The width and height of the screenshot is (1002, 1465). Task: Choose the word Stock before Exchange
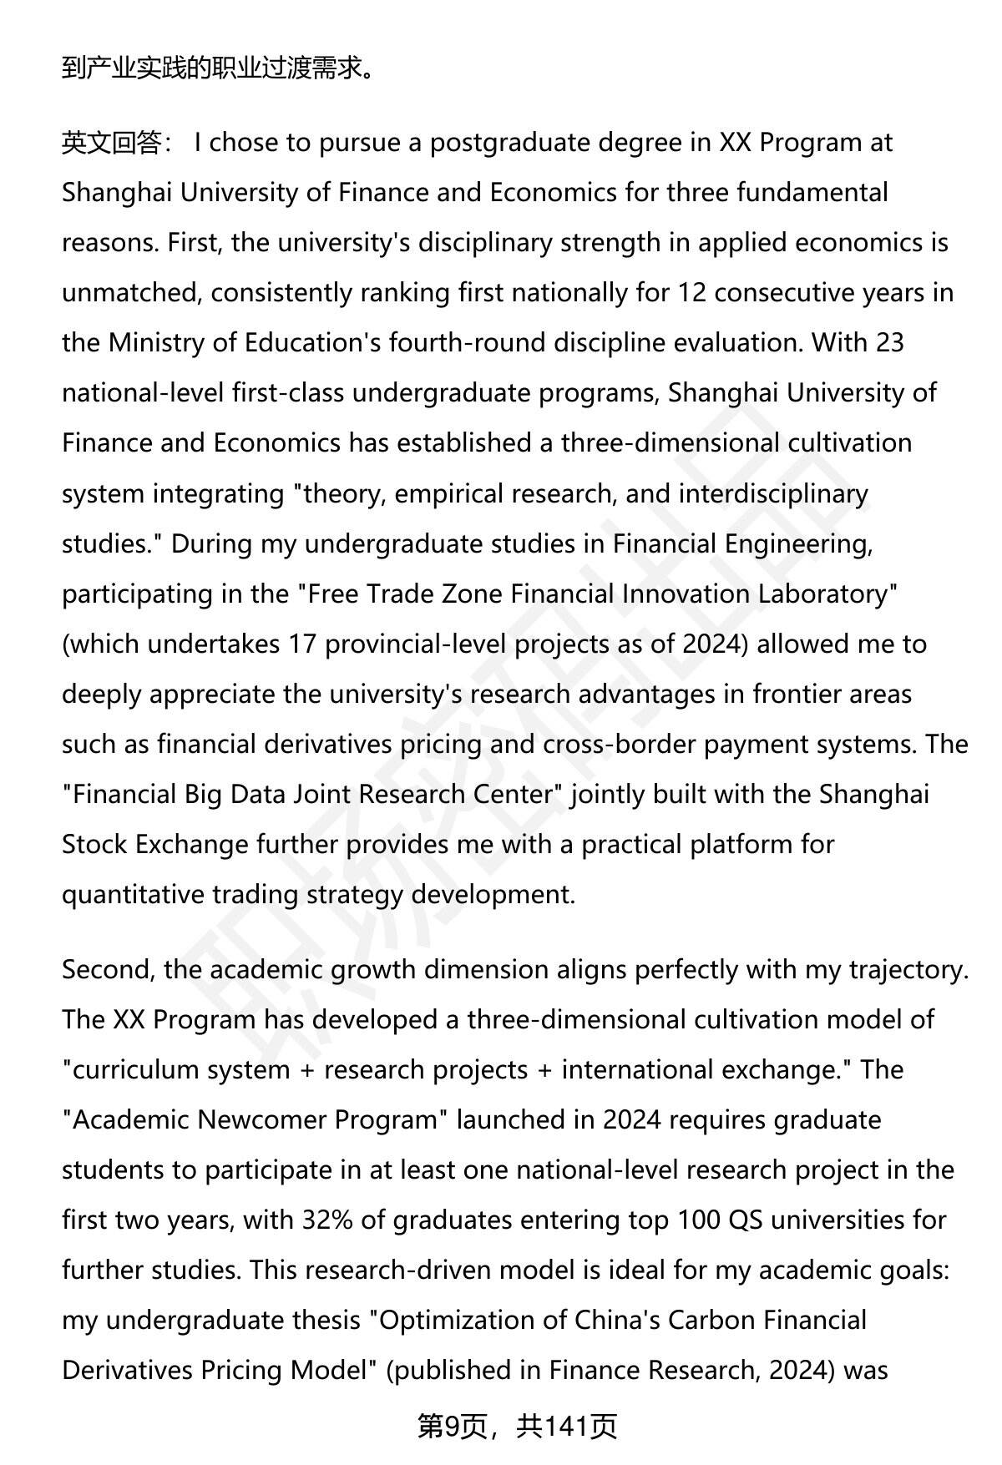click(94, 844)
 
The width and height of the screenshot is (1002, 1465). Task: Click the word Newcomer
click(263, 1119)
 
